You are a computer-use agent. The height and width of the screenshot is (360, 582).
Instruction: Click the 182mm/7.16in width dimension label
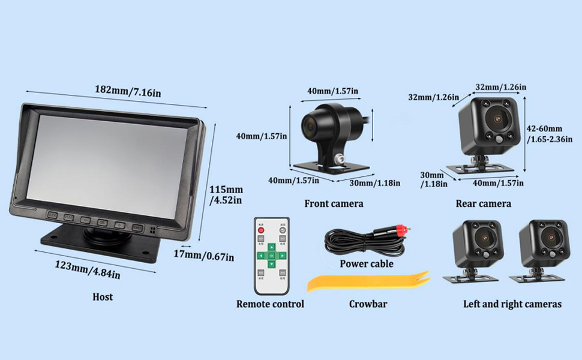tap(127, 91)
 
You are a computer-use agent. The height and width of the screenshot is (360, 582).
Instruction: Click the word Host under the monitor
tap(103, 296)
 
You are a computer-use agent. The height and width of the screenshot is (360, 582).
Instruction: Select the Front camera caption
tap(334, 203)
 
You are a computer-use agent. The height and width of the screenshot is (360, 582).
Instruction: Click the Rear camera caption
tap(483, 203)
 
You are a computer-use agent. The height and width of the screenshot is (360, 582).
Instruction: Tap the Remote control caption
tap(270, 304)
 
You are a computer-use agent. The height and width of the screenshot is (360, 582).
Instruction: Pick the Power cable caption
tap(366, 263)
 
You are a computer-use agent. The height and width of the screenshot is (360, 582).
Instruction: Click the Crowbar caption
tap(368, 304)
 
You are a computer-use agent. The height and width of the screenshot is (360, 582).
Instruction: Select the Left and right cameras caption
tap(512, 304)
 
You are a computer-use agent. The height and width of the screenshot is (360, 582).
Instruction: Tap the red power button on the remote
tap(262, 229)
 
